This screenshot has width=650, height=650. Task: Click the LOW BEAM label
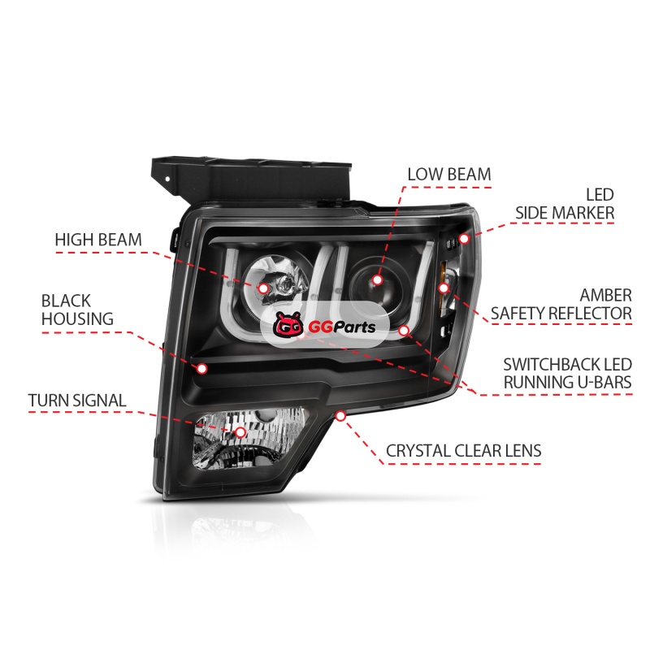pos(449,174)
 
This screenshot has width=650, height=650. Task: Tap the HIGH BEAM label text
pos(98,240)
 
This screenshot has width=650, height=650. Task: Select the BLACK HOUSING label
pos(77,310)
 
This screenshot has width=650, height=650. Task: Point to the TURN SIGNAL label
pos(77,401)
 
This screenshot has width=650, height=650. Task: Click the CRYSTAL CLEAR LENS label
pos(463,451)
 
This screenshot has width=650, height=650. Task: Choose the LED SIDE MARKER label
pos(565,204)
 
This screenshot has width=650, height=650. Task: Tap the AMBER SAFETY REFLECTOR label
pos(561,304)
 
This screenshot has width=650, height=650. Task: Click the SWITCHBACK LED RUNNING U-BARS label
pos(567,373)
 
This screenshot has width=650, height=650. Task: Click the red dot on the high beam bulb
pos(263,288)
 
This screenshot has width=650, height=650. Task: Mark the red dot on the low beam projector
pos(377,279)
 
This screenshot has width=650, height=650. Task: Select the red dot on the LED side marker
pos(464,239)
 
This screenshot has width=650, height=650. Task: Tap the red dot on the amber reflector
pos(444,288)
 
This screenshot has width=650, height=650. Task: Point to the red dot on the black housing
pos(201,368)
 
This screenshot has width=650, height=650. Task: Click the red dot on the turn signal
pos(240,432)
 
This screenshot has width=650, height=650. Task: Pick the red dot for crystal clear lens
pos(340,415)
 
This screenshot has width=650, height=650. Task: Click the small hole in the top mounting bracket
pos(167,180)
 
